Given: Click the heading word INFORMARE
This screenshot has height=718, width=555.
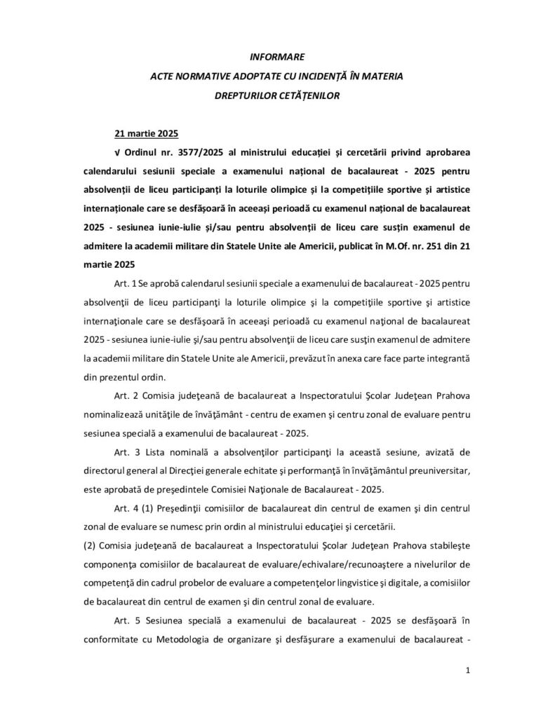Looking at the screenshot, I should tap(277, 56).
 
